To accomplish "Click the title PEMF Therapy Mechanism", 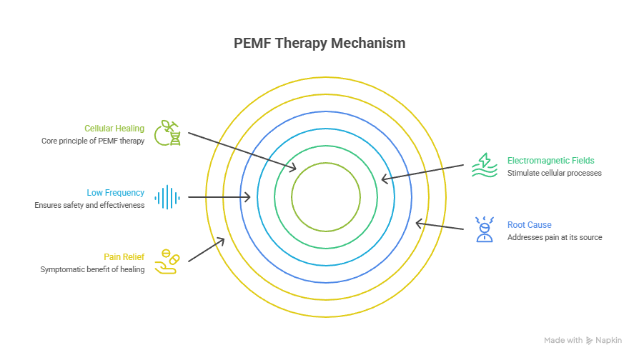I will pos(319,43).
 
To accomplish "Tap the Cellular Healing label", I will pos(114,129).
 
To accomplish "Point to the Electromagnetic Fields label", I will pos(550,161).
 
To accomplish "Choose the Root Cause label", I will pos(529,224).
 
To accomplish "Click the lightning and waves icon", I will pos(484,166).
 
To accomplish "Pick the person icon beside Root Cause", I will pos(484,229).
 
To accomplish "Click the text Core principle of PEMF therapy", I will pos(93,141).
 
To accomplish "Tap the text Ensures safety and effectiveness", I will pos(89,205).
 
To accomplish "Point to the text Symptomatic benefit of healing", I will pos(93,269).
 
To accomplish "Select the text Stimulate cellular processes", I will pos(555,173).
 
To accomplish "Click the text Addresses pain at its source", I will pos(555,237).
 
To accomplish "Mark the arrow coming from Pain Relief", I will pos(207,250).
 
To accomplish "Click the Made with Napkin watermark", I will pos(583,341).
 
